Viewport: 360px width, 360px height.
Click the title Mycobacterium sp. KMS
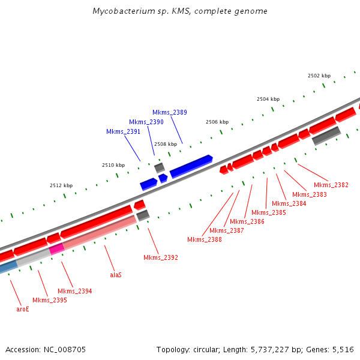tap(180, 11)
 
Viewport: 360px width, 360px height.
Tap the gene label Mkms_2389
tap(169, 112)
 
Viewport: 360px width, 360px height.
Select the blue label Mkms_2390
tap(146, 122)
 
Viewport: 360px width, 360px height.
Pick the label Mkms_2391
tap(123, 132)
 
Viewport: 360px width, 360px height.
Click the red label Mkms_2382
tap(331, 185)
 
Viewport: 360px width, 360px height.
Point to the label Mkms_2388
tap(204, 239)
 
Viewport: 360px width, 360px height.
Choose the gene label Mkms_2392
tap(160, 257)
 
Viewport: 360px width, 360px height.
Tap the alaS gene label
tap(115, 275)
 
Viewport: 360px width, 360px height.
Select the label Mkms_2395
tap(49, 300)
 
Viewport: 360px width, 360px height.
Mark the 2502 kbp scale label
tap(319, 76)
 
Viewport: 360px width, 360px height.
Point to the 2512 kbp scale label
tap(61, 185)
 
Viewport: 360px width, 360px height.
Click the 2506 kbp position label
tap(217, 122)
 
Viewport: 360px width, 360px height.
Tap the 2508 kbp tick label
tap(165, 144)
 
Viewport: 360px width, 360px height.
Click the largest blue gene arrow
tap(191, 166)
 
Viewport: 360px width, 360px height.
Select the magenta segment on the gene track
tap(56, 248)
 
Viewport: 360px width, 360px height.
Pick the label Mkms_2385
tap(268, 212)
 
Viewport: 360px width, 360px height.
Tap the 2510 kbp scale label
tap(113, 165)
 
